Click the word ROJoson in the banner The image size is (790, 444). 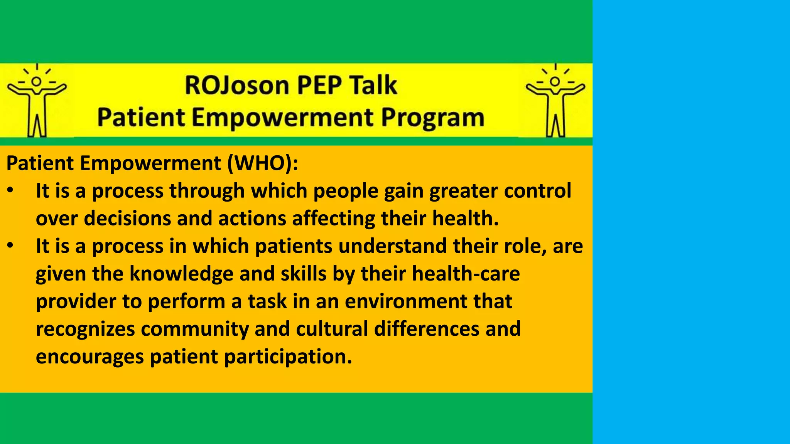(x=236, y=85)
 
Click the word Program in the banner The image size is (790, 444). (x=432, y=118)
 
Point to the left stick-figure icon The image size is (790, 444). (x=37, y=101)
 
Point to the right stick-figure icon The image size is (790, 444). (x=555, y=101)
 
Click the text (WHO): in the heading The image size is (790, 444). (x=262, y=163)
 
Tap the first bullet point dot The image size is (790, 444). (x=10, y=191)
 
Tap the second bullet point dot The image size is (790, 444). (x=10, y=246)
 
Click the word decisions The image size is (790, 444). (x=128, y=218)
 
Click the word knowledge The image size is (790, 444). (x=181, y=274)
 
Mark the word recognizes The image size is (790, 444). (x=85, y=329)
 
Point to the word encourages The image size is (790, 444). (x=89, y=357)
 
